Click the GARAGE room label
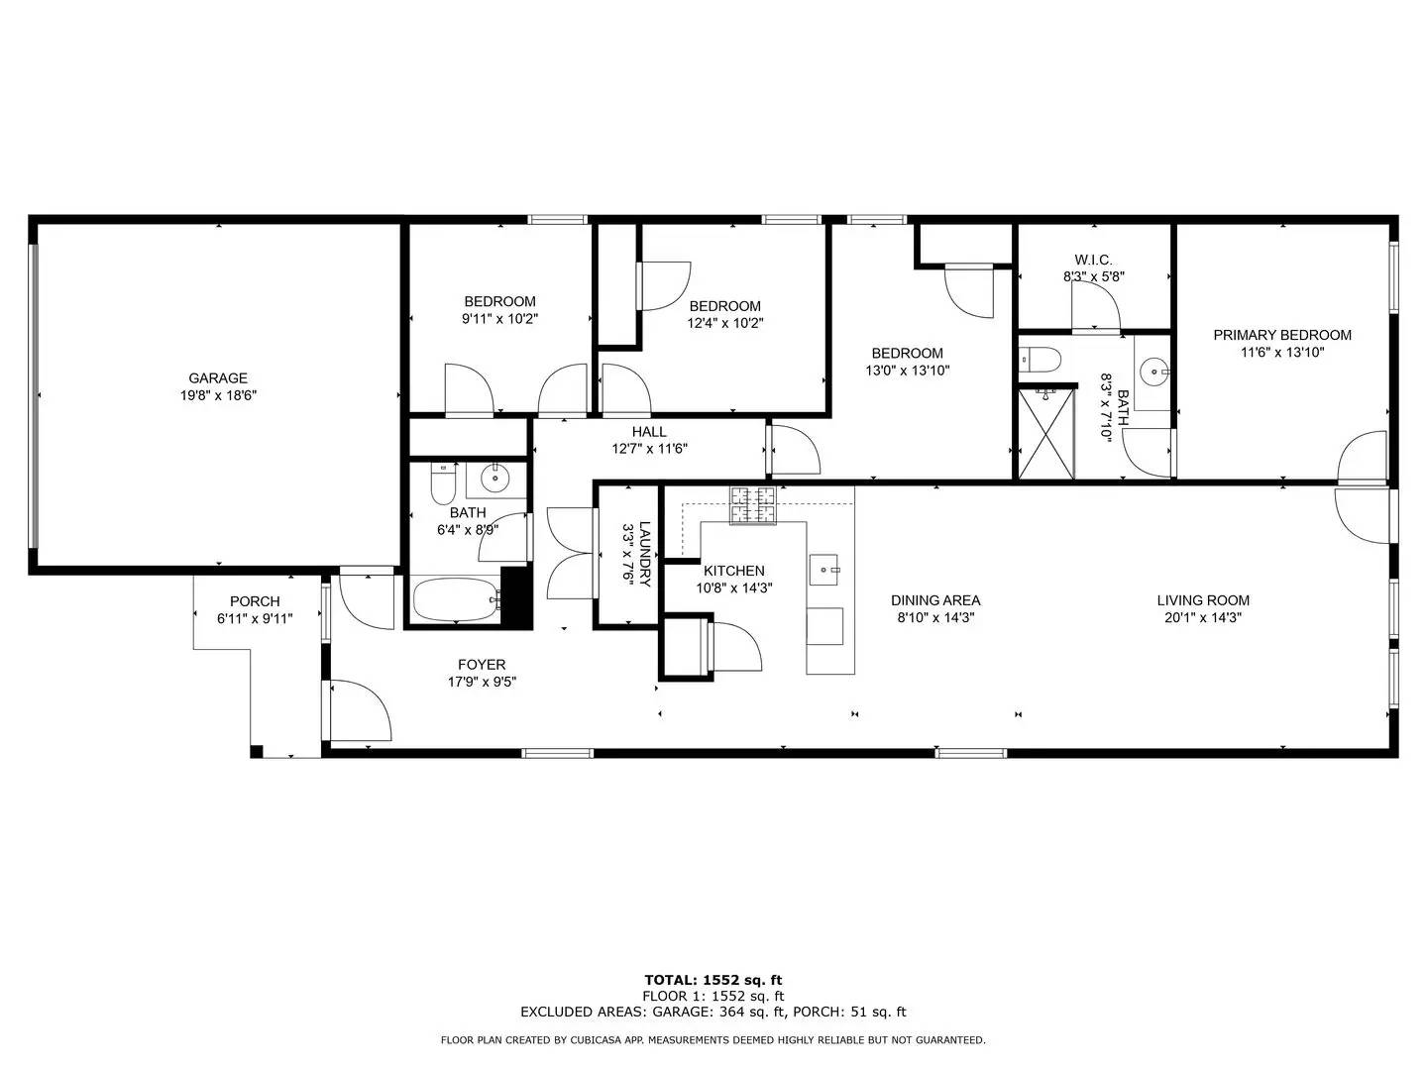pos(218,377)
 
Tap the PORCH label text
pos(255,601)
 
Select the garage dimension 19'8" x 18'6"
pos(218,395)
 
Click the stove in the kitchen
pos(754,505)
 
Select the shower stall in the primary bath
pos(1046,434)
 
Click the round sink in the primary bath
pos(1153,373)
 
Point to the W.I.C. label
pos(1093,260)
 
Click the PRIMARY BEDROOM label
pos(1281,335)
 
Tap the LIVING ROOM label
pos(1203,600)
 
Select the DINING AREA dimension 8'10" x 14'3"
pos(935,617)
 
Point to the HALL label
pos(649,432)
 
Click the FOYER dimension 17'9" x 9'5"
pos(482,682)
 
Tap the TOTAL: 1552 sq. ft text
pos(713,980)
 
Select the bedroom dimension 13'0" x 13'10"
pos(907,371)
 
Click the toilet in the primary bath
pos(1041,359)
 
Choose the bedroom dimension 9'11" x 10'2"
pos(499,319)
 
